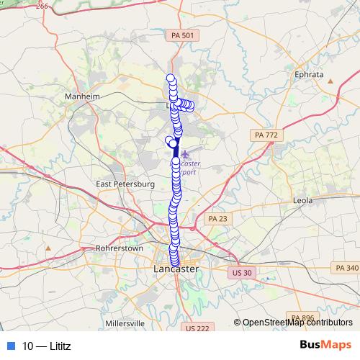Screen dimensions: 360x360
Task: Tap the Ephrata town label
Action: [309, 74]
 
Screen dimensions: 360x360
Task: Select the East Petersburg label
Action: [125, 184]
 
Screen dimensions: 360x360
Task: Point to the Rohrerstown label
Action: [116, 248]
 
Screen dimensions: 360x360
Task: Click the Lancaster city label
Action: [176, 269]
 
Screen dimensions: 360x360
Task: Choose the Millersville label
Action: [125, 324]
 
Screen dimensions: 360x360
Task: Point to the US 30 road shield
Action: [240, 273]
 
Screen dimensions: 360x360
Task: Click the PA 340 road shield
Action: [346, 268]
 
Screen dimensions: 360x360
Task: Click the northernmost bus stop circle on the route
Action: [171, 78]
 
